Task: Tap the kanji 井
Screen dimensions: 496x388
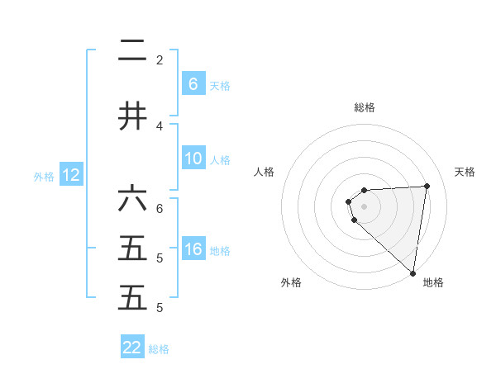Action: coord(132,117)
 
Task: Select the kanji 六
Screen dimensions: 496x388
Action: coord(132,199)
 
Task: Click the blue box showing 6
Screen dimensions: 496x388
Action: coord(193,83)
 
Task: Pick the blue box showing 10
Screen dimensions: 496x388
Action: coord(193,159)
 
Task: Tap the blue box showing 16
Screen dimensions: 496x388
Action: coord(193,249)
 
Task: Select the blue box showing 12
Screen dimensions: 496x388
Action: coord(70,175)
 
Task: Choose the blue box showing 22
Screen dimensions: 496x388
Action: coord(132,348)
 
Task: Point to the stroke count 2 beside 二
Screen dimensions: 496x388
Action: coord(160,59)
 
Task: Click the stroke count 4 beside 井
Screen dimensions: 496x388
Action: coord(160,126)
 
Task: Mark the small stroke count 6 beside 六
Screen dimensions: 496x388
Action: coord(160,208)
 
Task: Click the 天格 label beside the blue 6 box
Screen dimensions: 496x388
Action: coord(220,85)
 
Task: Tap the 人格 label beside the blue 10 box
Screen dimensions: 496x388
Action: coord(220,160)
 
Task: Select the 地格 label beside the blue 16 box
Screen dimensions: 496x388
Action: coord(220,251)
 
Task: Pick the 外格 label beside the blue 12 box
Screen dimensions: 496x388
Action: coord(43,177)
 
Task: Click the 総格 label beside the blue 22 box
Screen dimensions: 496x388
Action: coord(159,349)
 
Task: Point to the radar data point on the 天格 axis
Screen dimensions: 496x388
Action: coord(427,186)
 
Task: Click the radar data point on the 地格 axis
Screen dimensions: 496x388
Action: coord(413,273)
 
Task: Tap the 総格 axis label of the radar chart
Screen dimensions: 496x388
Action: coord(365,107)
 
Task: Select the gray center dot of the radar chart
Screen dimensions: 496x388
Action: coord(365,206)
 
